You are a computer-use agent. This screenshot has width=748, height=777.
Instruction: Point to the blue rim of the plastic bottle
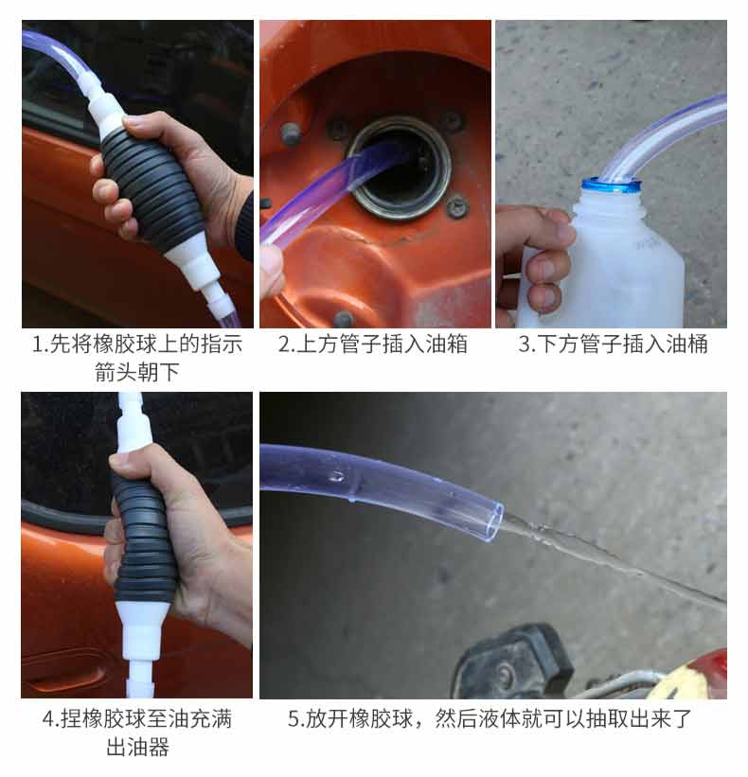pyautogui.click(x=612, y=186)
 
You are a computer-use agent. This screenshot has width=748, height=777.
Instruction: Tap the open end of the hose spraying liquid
pyautogui.click(x=493, y=521)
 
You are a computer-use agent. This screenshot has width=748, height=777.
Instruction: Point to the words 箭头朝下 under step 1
pyautogui.click(x=136, y=372)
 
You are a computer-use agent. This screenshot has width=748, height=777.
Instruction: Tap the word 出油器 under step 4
pyautogui.click(x=138, y=747)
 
